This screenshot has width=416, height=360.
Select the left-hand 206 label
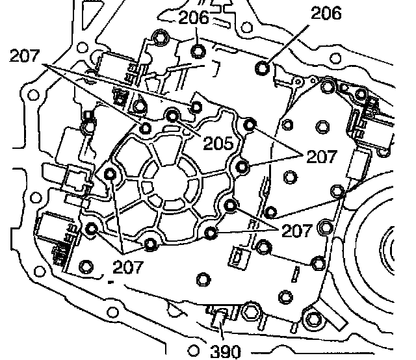click(193, 18)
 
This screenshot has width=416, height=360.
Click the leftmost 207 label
click(24, 57)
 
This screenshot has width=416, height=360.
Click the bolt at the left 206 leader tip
click(199, 51)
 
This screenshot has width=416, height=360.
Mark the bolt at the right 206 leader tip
click(263, 67)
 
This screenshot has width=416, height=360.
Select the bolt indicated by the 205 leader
click(173, 116)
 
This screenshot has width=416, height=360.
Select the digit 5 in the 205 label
click(228, 143)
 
